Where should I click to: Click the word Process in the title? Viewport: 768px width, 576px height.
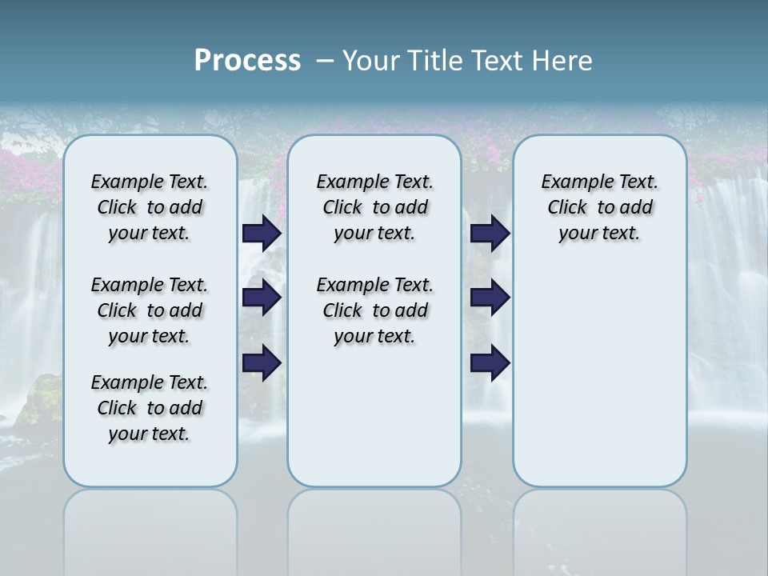coord(247,61)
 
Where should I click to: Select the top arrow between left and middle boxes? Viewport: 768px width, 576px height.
coord(262,234)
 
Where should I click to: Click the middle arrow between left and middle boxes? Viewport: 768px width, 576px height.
coord(262,298)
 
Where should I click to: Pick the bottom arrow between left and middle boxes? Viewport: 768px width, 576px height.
coord(262,363)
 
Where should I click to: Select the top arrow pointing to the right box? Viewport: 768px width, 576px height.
coord(490,234)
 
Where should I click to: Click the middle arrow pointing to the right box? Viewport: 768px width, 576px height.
coord(490,298)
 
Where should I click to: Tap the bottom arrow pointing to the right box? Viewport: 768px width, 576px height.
coord(490,363)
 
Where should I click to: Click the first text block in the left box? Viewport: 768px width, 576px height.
coord(150,207)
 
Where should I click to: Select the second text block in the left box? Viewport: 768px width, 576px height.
coord(150,310)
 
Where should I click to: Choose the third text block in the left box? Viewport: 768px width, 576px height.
coord(150,408)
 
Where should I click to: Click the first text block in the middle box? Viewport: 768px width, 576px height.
coord(374,207)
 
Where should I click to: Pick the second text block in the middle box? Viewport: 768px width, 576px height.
coord(374,310)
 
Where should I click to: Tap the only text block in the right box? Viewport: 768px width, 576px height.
coord(599,207)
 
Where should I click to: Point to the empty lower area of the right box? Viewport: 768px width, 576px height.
coord(599,376)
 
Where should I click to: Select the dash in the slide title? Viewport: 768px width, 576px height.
coord(326,61)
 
